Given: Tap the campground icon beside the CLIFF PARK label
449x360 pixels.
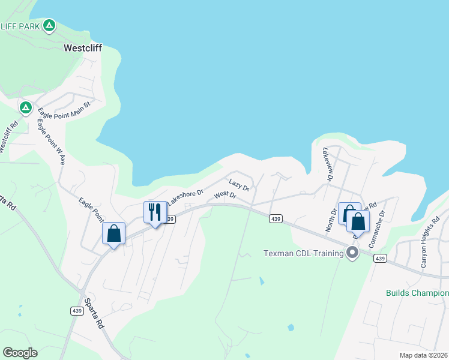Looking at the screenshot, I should tap(49, 26).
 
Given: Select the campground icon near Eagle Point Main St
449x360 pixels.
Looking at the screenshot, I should tap(25, 107).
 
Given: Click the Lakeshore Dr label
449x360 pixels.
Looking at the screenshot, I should tap(185, 197).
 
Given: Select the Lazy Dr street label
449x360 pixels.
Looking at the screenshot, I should tap(239, 183).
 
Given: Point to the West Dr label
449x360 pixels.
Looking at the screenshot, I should tap(225, 195).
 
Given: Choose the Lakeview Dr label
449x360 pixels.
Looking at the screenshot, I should tap(328, 164).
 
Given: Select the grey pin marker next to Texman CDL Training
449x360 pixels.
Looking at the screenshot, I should tap(352, 253).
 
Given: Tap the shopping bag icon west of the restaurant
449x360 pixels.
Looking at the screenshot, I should tap(113, 233).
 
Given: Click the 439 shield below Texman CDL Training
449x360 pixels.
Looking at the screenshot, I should tap(379, 258).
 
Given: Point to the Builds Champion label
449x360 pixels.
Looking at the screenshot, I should tap(417, 293).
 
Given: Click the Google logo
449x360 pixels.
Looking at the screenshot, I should tap(20, 353).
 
